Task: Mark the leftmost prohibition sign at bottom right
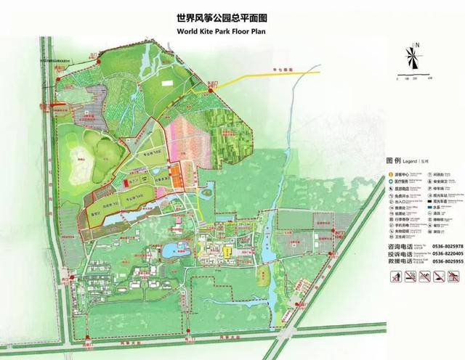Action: coord(394,277)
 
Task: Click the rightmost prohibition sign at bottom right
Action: coord(454,277)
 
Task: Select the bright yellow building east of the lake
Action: coord(227,253)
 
